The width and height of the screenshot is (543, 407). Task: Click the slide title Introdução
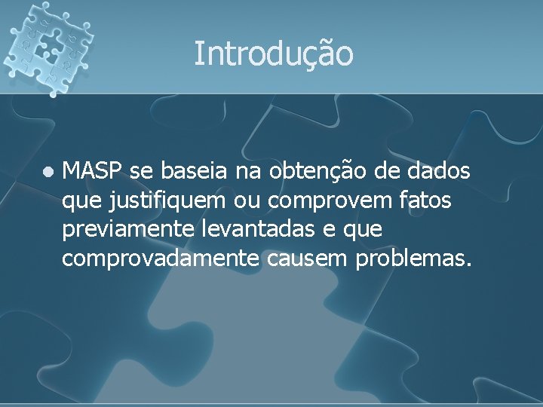[x=273, y=54]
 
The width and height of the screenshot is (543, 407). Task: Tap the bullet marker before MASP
[x=48, y=173]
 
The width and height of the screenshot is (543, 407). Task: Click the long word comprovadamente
[x=161, y=260]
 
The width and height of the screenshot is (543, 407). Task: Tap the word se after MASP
[x=140, y=173]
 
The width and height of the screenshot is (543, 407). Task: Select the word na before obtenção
[x=246, y=173]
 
